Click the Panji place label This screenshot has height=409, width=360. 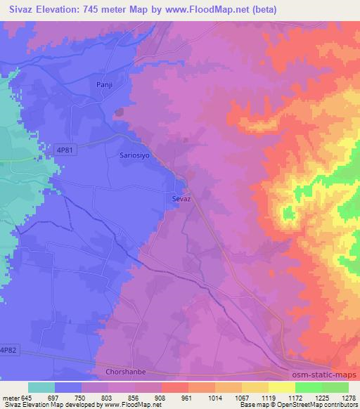tap(104, 84)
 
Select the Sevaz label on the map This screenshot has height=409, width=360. tap(182, 199)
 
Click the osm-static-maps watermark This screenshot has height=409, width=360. tap(323, 373)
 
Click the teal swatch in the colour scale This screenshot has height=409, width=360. tap(42, 387)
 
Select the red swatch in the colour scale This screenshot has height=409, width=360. tap(175, 387)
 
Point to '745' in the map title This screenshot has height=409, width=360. tap(91, 10)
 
